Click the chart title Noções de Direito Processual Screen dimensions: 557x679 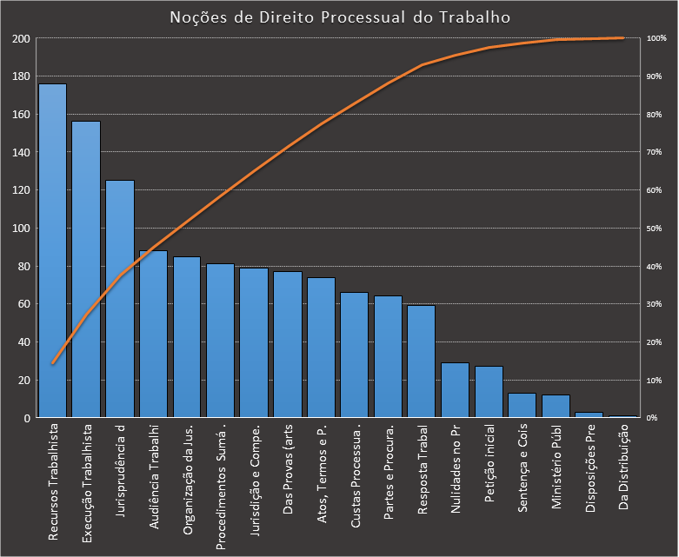pyautogui.click(x=339, y=17)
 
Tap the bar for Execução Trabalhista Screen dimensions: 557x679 pyautogui.click(x=86, y=269)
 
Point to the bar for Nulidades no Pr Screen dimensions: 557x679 pyautogui.click(x=455, y=390)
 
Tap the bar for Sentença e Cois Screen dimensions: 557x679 pyautogui.click(x=522, y=406)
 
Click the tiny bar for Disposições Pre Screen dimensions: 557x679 pyautogui.click(x=589, y=414)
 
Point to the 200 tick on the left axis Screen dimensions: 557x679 pyautogui.click(x=21, y=39)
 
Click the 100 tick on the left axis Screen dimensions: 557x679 pyautogui.click(x=21, y=229)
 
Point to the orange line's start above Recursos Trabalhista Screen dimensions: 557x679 pyautogui.click(x=52, y=363)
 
